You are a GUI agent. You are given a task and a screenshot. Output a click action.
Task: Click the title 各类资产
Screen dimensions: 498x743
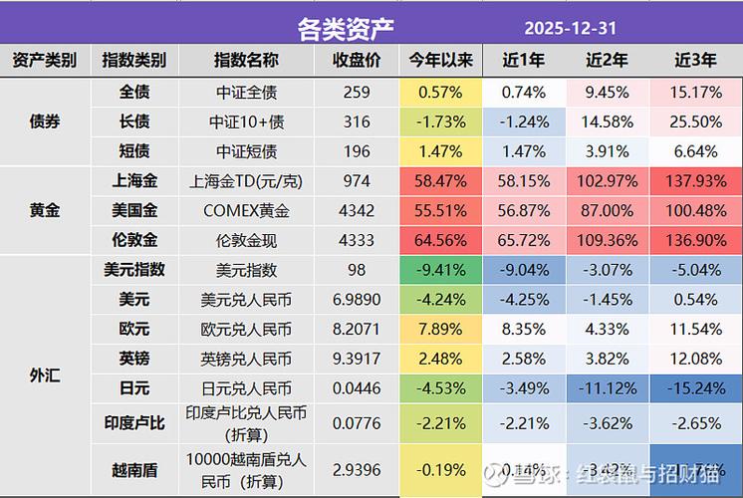coord(346,26)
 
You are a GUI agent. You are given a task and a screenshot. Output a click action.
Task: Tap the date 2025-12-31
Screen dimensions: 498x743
coord(571,26)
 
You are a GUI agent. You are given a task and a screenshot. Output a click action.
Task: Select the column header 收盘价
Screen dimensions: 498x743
coord(356,61)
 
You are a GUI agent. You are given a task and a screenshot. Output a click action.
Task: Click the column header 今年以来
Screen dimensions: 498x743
coord(440,61)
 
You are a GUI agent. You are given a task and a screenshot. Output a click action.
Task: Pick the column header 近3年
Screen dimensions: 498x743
coord(695,61)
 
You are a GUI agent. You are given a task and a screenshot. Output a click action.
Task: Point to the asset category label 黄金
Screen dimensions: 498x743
coord(45,211)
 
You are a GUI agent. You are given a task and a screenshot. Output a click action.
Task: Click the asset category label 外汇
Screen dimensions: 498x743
coord(45,375)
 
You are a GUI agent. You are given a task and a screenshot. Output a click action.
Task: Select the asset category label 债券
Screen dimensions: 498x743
coord(45,122)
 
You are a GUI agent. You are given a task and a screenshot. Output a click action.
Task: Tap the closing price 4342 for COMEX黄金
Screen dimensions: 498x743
coord(356,211)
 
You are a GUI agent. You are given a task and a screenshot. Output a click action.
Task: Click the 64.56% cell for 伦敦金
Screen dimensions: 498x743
coord(440,241)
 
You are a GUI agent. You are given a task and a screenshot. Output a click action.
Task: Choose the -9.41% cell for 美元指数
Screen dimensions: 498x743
coord(440,270)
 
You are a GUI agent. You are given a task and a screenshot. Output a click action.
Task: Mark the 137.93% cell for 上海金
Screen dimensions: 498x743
coord(695,181)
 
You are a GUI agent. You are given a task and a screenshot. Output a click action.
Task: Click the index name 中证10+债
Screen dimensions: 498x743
coord(246,122)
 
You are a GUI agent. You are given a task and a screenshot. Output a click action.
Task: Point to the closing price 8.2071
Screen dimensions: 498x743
coord(356,330)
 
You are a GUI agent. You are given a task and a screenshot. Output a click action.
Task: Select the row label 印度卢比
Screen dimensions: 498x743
coord(134,424)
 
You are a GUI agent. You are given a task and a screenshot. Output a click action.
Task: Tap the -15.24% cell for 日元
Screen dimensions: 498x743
coord(695,388)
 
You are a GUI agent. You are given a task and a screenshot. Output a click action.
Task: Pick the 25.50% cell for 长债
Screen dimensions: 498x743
coord(695,122)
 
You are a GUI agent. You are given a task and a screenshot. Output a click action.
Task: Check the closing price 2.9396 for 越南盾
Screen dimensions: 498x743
coord(356,468)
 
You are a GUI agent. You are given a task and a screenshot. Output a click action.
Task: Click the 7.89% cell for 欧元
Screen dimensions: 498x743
coord(440,330)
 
